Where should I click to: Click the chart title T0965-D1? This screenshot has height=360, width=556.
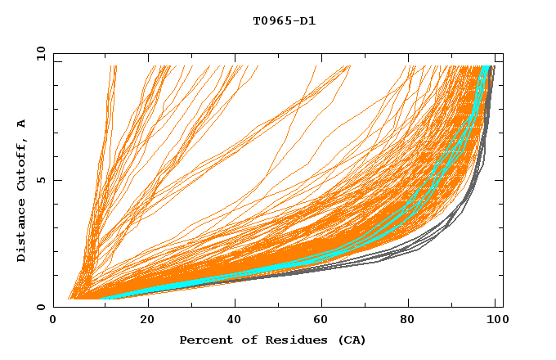click(284, 20)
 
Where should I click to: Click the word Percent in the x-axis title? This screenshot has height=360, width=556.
click(203, 340)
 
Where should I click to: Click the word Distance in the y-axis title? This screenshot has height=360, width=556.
click(21, 234)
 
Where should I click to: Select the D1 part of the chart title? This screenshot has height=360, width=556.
click(307, 20)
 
